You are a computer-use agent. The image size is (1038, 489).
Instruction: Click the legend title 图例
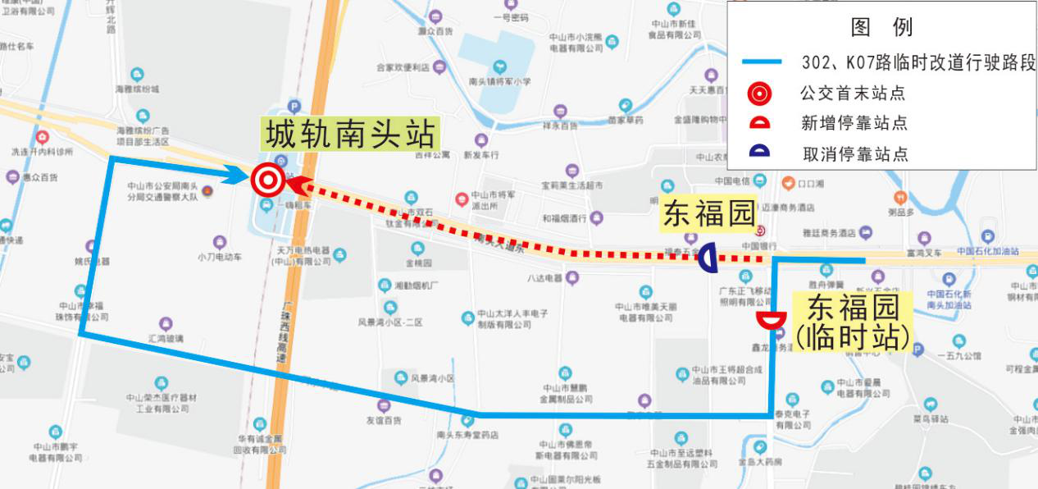click(x=882, y=27)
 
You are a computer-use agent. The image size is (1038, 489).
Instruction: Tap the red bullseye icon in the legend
click(x=759, y=94)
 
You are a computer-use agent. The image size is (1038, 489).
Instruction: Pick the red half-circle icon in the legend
click(x=759, y=124)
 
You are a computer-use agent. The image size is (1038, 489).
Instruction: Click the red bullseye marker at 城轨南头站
click(x=266, y=180)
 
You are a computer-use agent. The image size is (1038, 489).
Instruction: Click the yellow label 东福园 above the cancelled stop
click(x=708, y=214)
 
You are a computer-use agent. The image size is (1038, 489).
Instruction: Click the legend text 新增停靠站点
click(x=854, y=124)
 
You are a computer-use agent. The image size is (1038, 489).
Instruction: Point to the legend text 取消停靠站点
click(x=854, y=153)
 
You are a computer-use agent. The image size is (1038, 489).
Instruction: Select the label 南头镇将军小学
click(x=500, y=81)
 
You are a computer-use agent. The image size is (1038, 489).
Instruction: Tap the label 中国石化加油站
click(x=987, y=251)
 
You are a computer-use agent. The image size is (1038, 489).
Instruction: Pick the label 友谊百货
click(x=383, y=420)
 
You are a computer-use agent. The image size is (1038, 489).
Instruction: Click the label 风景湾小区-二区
click(x=390, y=322)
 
